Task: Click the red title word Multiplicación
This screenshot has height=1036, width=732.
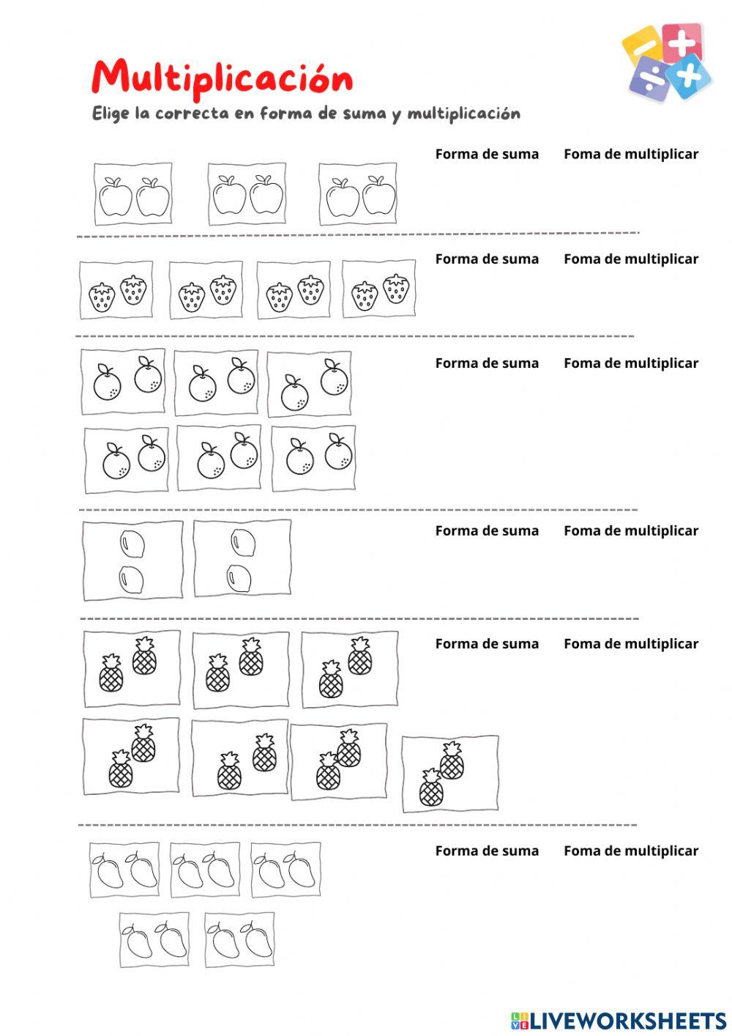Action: pyautogui.click(x=222, y=78)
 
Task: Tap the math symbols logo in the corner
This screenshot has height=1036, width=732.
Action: pyautogui.click(x=665, y=62)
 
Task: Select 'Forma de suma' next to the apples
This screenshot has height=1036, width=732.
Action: pyautogui.click(x=487, y=154)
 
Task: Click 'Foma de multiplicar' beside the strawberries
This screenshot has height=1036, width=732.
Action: pyautogui.click(x=631, y=259)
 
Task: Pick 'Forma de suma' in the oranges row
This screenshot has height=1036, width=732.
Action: pyautogui.click(x=487, y=363)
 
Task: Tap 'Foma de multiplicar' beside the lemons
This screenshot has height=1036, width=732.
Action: pyautogui.click(x=631, y=530)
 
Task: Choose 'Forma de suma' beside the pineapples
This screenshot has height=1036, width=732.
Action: pyautogui.click(x=487, y=643)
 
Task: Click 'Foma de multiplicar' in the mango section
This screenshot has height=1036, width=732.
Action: pyautogui.click(x=631, y=851)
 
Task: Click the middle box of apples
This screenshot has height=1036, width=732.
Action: pyautogui.click(x=247, y=194)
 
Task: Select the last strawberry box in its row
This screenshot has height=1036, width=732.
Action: pyautogui.click(x=378, y=289)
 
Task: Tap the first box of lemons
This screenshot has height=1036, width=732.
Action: pyautogui.click(x=132, y=560)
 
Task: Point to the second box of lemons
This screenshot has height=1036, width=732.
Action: pyautogui.click(x=242, y=558)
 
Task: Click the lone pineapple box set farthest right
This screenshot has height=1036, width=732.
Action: pyautogui.click(x=450, y=774)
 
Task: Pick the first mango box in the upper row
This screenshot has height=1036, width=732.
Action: pyautogui.click(x=124, y=870)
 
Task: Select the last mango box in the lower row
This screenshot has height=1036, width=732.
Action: pyautogui.click(x=239, y=939)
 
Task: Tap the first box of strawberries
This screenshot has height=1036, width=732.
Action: pyautogui.click(x=116, y=290)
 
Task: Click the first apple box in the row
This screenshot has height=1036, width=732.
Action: pyautogui.click(x=133, y=194)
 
